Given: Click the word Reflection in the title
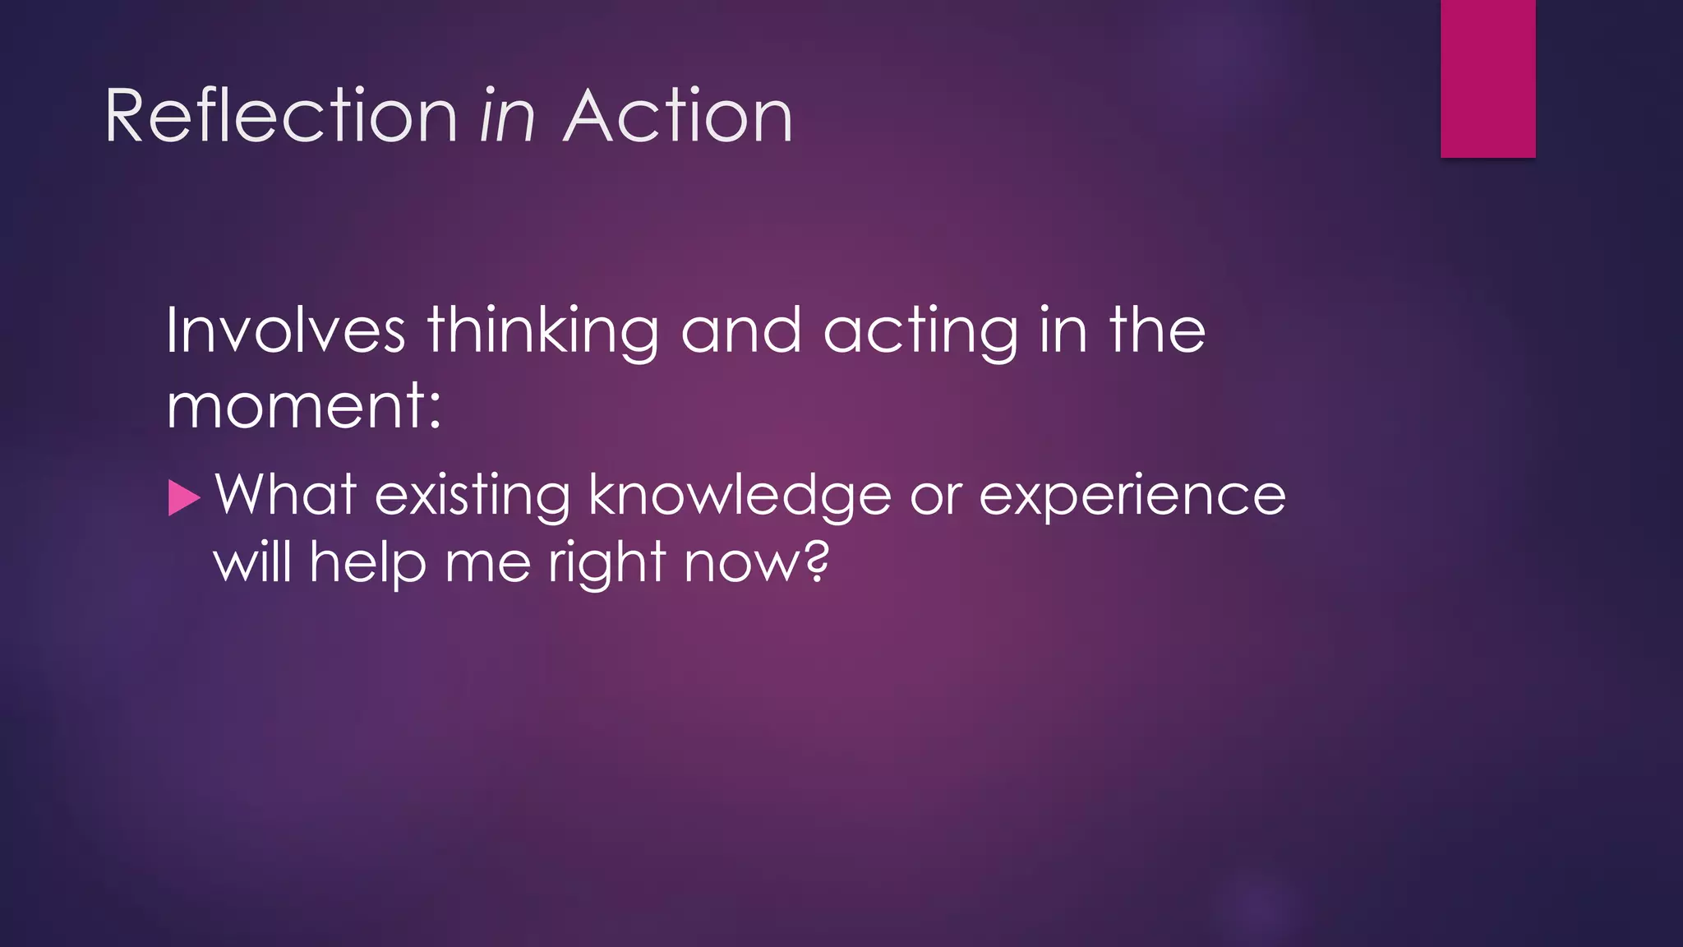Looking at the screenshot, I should coord(280,117).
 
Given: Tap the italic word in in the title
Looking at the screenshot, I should coord(507,117).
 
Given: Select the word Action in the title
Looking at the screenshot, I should coord(678,117).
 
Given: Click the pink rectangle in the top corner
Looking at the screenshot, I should coord(1487,78).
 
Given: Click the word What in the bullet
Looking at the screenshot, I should coord(285,495).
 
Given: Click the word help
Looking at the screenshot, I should coord(367,564).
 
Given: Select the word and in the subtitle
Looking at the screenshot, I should coord(740,330).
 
